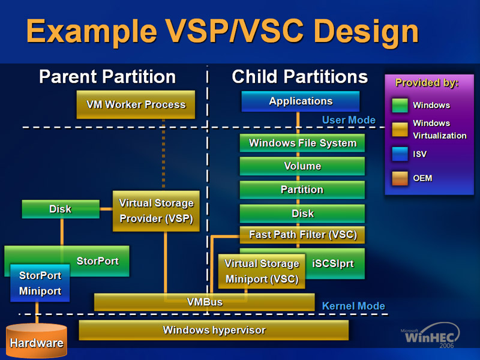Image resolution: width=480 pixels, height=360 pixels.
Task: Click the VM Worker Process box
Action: [136, 104]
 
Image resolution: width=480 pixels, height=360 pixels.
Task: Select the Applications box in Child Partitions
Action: [301, 101]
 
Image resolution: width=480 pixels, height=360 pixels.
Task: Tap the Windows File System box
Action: [302, 143]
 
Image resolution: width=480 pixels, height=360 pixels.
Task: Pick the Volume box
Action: [302, 166]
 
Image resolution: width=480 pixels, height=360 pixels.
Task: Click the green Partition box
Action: [302, 190]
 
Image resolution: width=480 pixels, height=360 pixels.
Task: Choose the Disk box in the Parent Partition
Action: [61, 209]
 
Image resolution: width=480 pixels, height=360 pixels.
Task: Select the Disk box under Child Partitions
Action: [302, 214]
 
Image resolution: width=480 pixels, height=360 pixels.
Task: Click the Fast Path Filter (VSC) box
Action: [302, 235]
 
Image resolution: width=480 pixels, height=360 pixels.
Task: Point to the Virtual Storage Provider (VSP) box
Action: [156, 211]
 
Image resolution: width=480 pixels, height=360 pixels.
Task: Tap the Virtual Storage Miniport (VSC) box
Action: [262, 271]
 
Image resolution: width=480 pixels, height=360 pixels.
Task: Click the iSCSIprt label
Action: [333, 263]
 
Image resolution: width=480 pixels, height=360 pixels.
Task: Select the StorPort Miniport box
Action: [40, 283]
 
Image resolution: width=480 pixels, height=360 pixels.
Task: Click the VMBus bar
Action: [204, 302]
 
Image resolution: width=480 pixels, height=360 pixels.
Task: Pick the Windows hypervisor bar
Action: [214, 330]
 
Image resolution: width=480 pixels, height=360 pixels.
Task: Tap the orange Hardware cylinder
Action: [37, 341]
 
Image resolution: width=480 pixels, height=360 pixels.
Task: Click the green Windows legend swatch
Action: [400, 106]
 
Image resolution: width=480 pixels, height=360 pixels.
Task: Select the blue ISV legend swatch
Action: [400, 154]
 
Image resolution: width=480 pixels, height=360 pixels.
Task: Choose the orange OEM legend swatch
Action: [400, 178]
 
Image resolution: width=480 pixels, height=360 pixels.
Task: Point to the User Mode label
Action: [349, 120]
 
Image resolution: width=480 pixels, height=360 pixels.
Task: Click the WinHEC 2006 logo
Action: [430, 336]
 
